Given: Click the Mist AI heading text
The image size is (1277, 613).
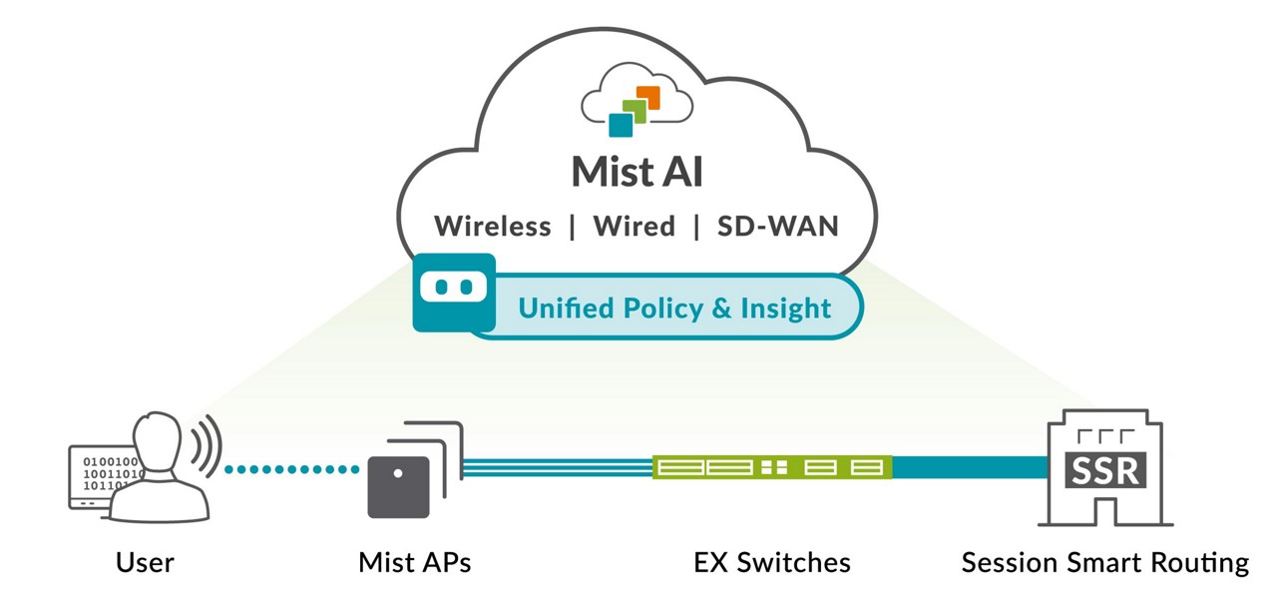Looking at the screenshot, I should (x=637, y=172).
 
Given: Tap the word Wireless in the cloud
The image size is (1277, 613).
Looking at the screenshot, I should (x=492, y=227).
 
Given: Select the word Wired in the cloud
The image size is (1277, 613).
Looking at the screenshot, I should (x=634, y=227).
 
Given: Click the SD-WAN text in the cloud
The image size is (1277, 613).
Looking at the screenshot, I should (x=778, y=227).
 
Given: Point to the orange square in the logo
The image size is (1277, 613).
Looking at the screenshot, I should (x=648, y=97).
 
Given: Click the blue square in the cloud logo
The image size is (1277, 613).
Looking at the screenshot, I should (x=621, y=124).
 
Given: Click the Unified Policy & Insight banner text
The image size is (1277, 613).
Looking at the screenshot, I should (x=674, y=307).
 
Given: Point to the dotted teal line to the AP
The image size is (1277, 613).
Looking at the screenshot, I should (x=290, y=468).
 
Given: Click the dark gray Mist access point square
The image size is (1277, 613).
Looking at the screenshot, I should (x=398, y=487).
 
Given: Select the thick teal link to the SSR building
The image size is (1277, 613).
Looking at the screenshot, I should (x=968, y=466).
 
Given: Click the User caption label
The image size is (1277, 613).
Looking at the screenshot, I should (x=145, y=563).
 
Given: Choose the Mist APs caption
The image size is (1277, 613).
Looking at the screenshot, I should (x=414, y=563).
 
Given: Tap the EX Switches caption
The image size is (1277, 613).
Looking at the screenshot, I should (x=772, y=563).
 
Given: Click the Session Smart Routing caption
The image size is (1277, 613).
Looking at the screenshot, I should (x=1104, y=563).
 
